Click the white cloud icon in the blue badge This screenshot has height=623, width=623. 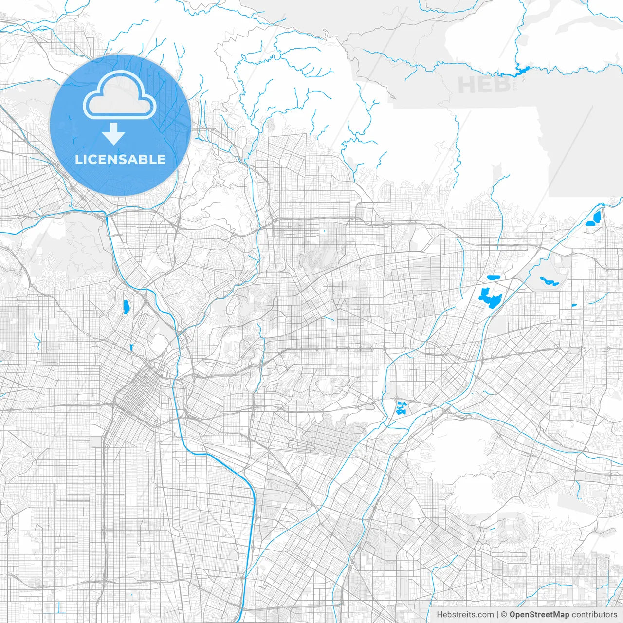pos(120,96)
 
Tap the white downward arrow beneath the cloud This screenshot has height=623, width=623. pos(114,133)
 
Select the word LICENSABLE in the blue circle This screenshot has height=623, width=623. pos(120,159)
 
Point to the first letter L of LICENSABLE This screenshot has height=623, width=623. pos(78,159)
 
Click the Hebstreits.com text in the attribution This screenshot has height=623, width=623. pos(465,615)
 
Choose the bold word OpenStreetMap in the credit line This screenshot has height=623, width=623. pos(539,615)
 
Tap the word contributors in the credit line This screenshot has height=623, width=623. pos(594,615)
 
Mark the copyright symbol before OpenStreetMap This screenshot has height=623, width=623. pos(504,615)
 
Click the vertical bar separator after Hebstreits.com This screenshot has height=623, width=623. pos(497,615)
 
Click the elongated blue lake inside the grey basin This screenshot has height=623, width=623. pos(549,281)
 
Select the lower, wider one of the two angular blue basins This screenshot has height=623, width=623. pos(591,223)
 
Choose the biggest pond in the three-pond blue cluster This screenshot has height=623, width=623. pos(401,408)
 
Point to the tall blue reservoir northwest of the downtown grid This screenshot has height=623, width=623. pos(126,306)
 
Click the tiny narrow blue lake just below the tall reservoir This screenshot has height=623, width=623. pos(131,347)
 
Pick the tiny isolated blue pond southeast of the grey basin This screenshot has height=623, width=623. pos(574,306)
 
